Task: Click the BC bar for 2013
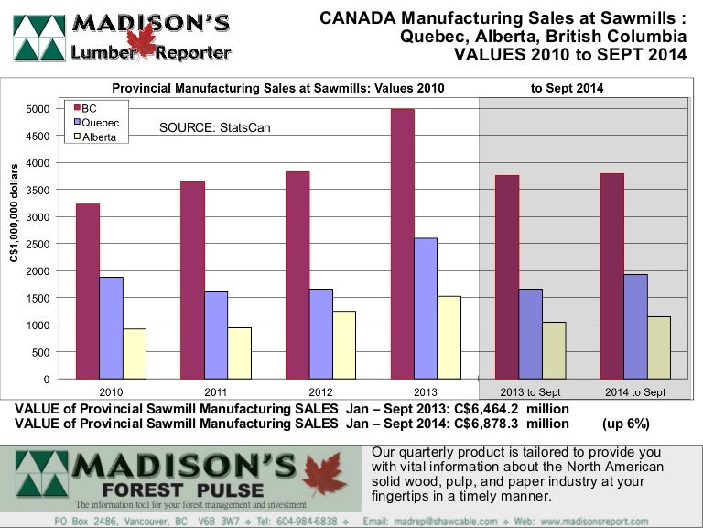[x=402, y=244]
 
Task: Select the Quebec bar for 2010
[x=111, y=327]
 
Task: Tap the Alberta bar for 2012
[x=344, y=345]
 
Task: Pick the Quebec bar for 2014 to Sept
[x=635, y=326]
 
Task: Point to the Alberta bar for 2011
[x=240, y=353]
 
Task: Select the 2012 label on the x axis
[x=320, y=391]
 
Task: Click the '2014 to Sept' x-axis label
[x=635, y=391]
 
